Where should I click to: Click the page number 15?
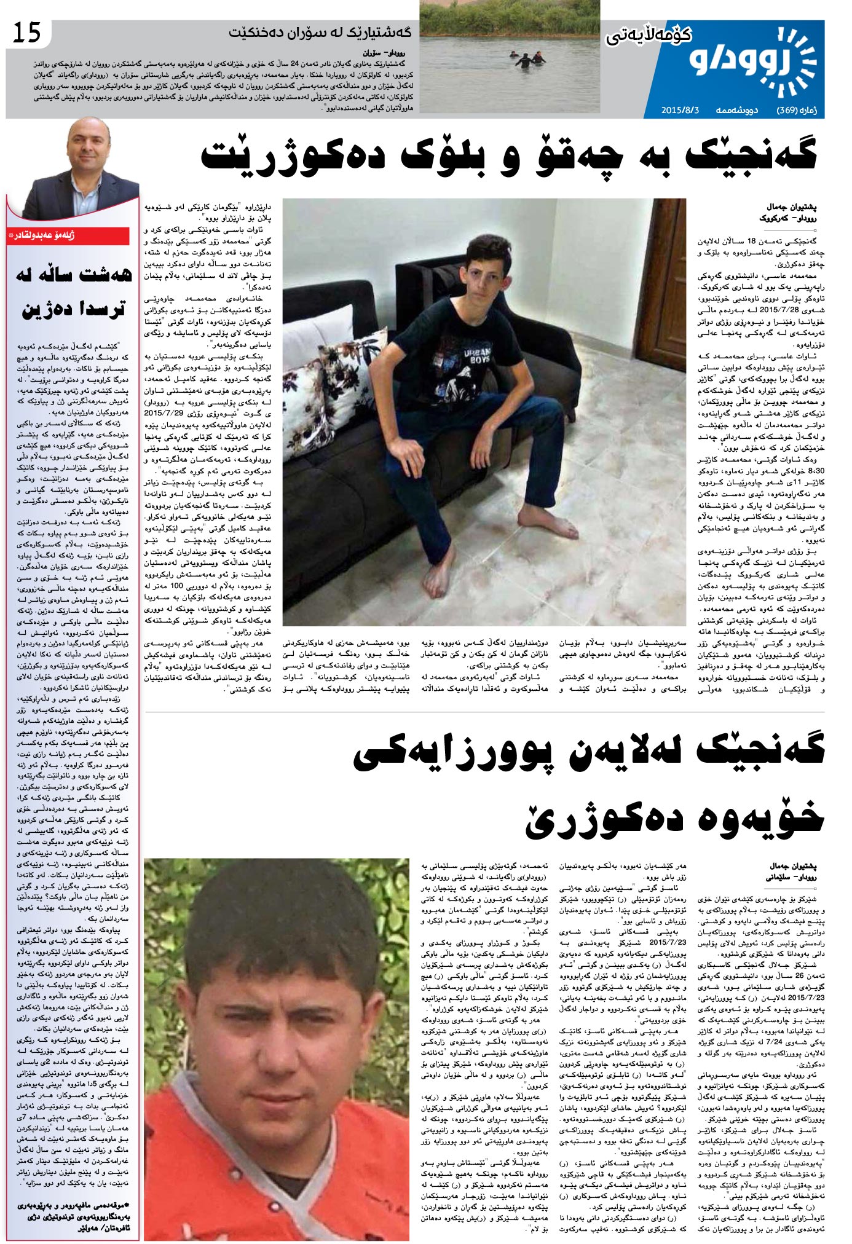(x=27, y=31)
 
